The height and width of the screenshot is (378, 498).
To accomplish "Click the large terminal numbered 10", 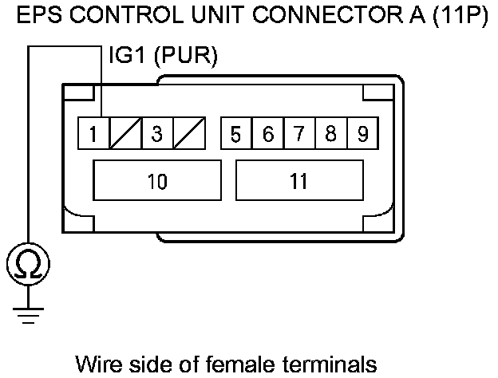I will pyautogui.click(x=157, y=181).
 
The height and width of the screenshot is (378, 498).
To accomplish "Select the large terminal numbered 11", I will pyautogui.click(x=299, y=181).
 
